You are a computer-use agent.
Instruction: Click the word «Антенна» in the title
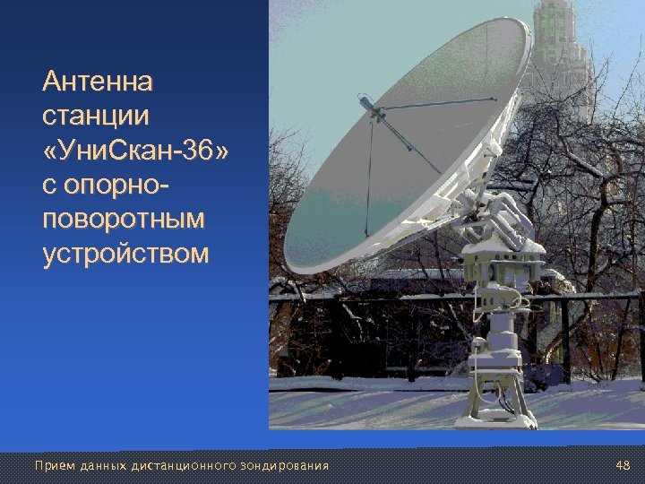click(98, 83)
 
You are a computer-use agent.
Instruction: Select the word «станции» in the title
click(96, 117)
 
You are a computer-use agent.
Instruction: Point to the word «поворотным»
click(124, 220)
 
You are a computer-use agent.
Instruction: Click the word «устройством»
click(125, 254)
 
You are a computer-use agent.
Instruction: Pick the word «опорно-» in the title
click(107, 186)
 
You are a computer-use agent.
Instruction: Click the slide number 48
click(623, 465)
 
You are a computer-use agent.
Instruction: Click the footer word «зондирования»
click(284, 466)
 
